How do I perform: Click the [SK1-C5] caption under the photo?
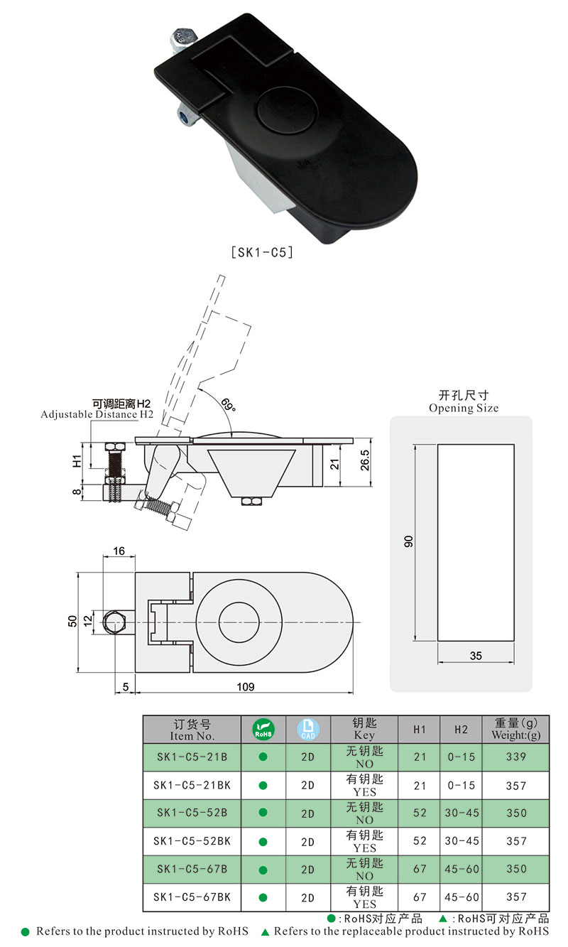point(262,251)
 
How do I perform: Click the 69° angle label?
point(227,406)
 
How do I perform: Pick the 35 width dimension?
point(475,656)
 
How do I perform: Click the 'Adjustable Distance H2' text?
point(97,414)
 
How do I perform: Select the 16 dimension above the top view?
point(119,551)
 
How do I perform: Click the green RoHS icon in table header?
point(263,729)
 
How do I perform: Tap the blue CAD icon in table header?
point(307,729)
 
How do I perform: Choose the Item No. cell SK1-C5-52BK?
point(192,841)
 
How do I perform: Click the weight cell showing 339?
point(516,757)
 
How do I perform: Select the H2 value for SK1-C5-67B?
point(461,869)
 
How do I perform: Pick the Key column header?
point(364,729)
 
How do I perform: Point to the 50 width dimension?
point(72,621)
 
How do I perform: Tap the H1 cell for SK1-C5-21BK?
point(420,785)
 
